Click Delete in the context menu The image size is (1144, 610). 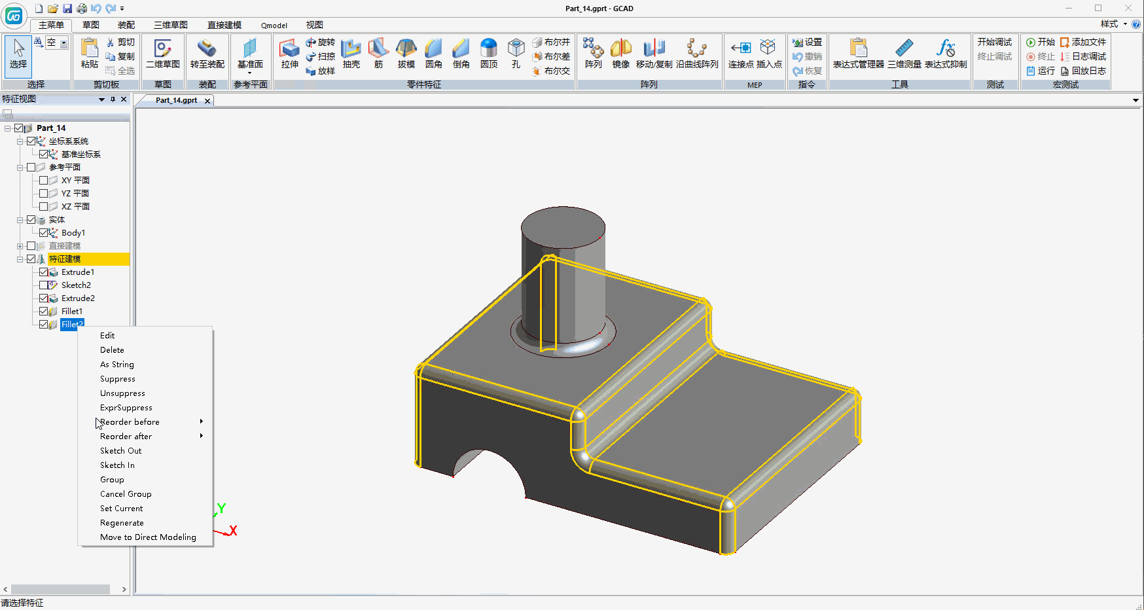tap(112, 350)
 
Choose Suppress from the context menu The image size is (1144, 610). tap(118, 379)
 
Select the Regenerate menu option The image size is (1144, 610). tap(122, 523)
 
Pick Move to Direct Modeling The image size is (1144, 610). tap(148, 537)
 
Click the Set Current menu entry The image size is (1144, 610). tap(121, 509)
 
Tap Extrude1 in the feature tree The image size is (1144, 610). tap(78, 272)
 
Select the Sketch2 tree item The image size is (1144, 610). tap(76, 285)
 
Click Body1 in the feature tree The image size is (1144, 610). tap(73, 233)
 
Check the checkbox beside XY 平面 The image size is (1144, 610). tap(44, 181)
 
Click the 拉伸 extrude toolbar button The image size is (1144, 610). tap(289, 53)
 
